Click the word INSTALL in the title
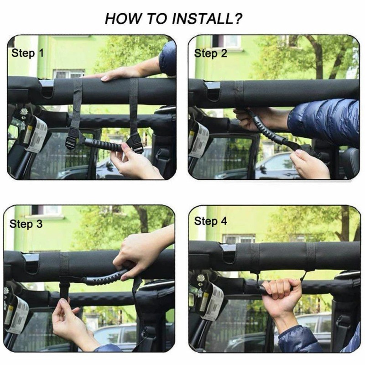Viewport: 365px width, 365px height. (x=202, y=19)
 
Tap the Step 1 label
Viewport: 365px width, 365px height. (x=28, y=53)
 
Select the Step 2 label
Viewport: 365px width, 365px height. (x=210, y=53)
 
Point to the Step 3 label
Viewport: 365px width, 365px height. (x=26, y=224)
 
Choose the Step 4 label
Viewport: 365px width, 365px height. (x=210, y=221)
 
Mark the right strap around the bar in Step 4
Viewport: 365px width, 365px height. (x=311, y=256)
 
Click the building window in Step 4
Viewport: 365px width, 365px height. (x=239, y=239)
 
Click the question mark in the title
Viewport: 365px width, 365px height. (x=238, y=19)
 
